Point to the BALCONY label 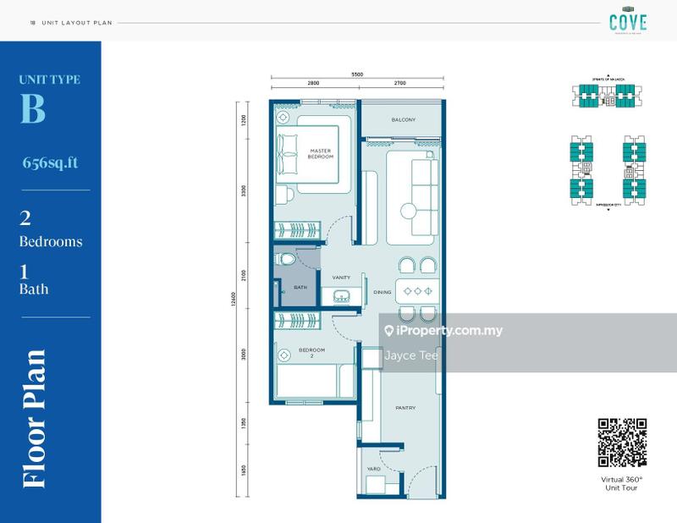tap(403, 120)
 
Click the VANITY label tap(341, 276)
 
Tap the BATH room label tap(300, 288)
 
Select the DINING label tap(383, 293)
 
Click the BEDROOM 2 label tap(306, 353)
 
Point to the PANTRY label tap(405, 408)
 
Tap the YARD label tap(373, 468)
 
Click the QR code tap(622, 443)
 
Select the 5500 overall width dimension tap(356, 75)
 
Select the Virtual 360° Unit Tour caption tap(622, 483)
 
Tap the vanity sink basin tap(342, 296)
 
